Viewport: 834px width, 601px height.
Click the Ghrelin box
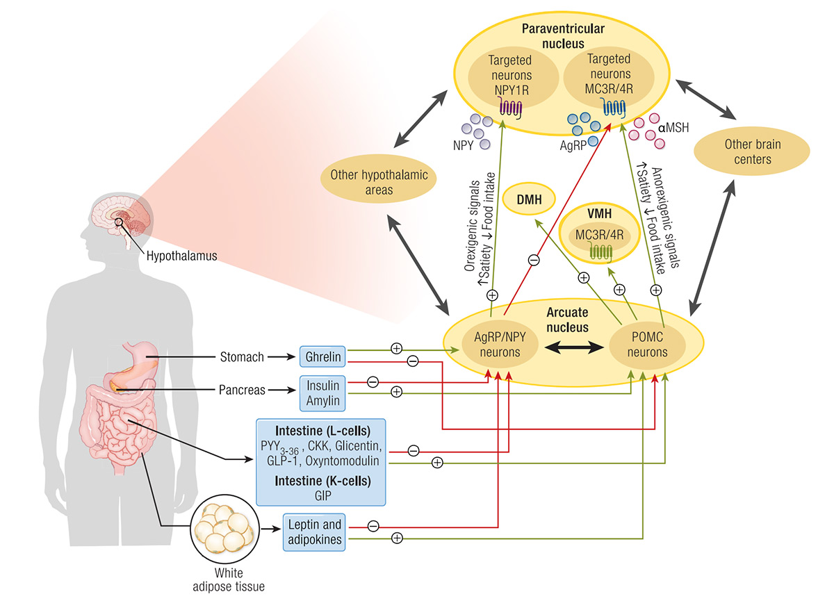click(x=322, y=357)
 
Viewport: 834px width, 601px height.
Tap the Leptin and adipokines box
click(x=313, y=532)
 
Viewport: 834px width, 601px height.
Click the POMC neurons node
click(x=639, y=345)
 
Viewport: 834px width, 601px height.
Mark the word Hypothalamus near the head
click(x=181, y=256)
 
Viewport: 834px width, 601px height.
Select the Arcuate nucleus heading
click(x=566, y=320)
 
